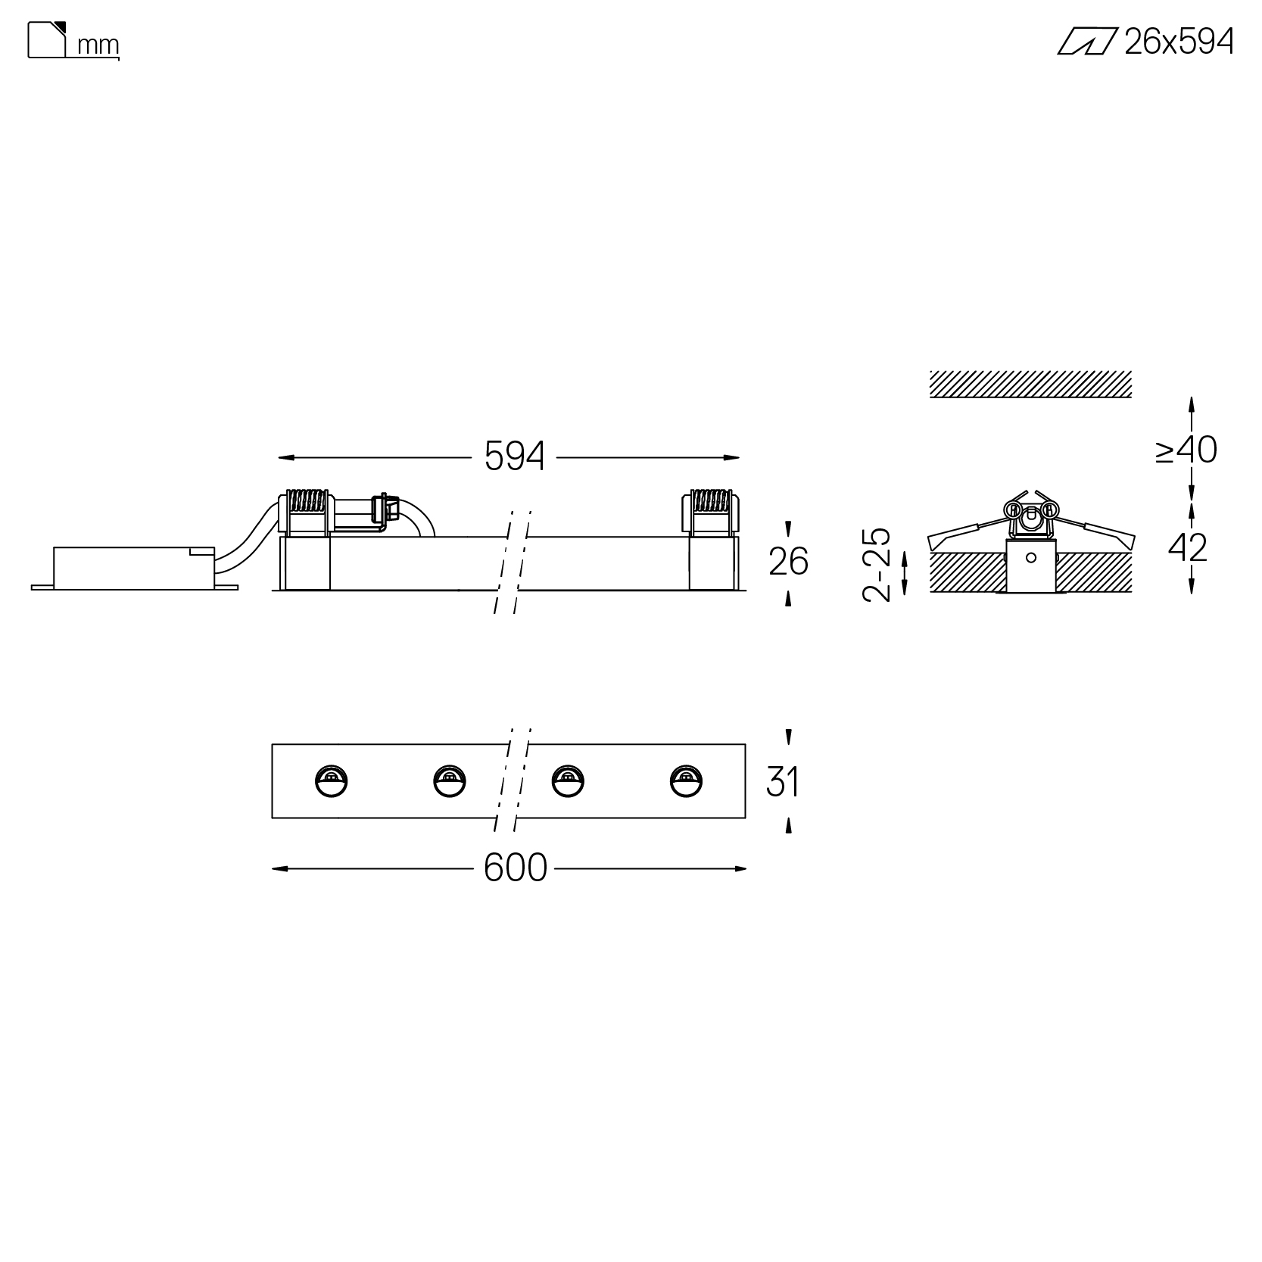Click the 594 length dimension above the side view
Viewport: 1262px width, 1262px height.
[514, 457]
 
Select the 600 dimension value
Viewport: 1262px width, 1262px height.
[515, 868]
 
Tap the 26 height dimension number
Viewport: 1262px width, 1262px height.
[788, 562]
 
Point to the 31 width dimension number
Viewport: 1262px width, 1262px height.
[783, 781]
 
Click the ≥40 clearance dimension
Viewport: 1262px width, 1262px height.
[1186, 450]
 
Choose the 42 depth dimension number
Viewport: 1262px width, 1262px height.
[1188, 547]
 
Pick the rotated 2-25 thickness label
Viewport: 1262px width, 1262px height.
[877, 565]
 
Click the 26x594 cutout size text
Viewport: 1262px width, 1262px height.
[1179, 42]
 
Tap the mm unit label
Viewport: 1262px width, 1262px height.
[98, 46]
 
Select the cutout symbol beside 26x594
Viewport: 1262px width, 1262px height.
[1087, 42]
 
